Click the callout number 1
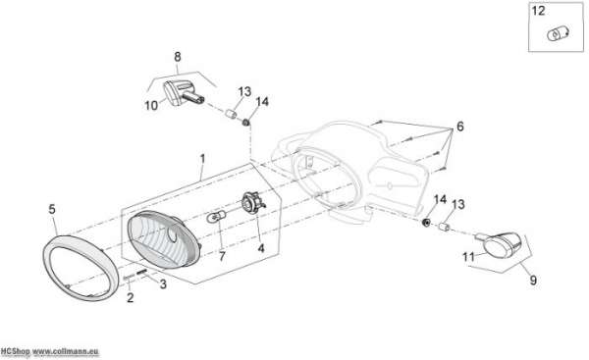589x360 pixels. click(202, 159)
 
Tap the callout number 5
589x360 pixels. click(52, 209)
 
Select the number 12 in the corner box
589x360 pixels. click(538, 11)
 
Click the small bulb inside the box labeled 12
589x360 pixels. click(559, 34)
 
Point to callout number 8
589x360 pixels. click(178, 57)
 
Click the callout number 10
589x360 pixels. click(151, 106)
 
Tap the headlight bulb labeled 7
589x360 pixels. click(217, 217)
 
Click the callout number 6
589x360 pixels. click(460, 127)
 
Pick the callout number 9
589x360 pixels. click(533, 280)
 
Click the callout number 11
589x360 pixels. click(468, 257)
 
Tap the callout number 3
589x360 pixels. click(163, 284)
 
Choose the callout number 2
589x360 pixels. click(130, 297)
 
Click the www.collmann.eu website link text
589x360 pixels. click(66, 352)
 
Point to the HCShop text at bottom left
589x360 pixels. click(15, 352)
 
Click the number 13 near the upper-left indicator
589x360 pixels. click(244, 91)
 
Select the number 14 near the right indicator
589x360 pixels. click(440, 199)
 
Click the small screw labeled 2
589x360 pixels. click(129, 278)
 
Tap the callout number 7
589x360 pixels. click(222, 256)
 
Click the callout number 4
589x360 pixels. click(261, 248)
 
